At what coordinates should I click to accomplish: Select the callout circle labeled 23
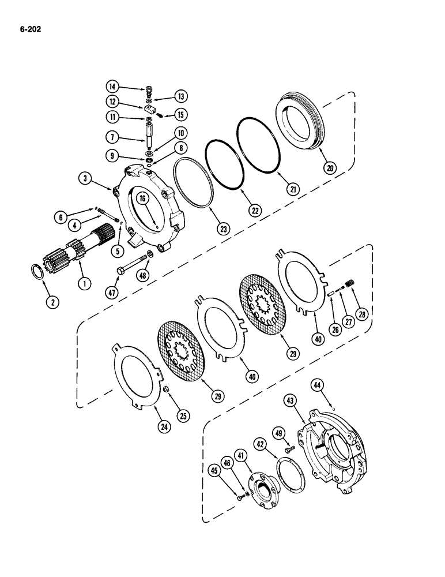(222, 228)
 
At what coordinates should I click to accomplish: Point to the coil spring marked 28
(348, 284)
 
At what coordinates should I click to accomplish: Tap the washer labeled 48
(150, 254)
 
